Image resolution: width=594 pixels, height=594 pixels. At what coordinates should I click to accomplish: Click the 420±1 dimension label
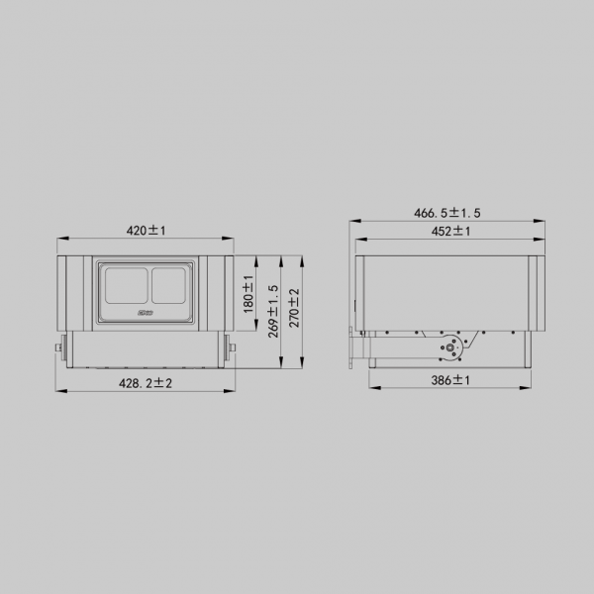pyautogui.click(x=146, y=230)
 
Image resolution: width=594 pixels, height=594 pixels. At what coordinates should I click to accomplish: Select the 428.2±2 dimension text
pyautogui.click(x=146, y=383)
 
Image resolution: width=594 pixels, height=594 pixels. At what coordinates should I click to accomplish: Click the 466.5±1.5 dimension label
pyautogui.click(x=447, y=213)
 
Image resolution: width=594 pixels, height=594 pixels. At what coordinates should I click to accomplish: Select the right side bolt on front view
pyautogui.click(x=232, y=347)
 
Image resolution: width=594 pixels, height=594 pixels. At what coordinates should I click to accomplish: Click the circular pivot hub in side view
pyautogui.click(x=451, y=348)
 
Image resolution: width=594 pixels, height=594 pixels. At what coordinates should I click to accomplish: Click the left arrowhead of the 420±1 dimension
pyautogui.click(x=60, y=239)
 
